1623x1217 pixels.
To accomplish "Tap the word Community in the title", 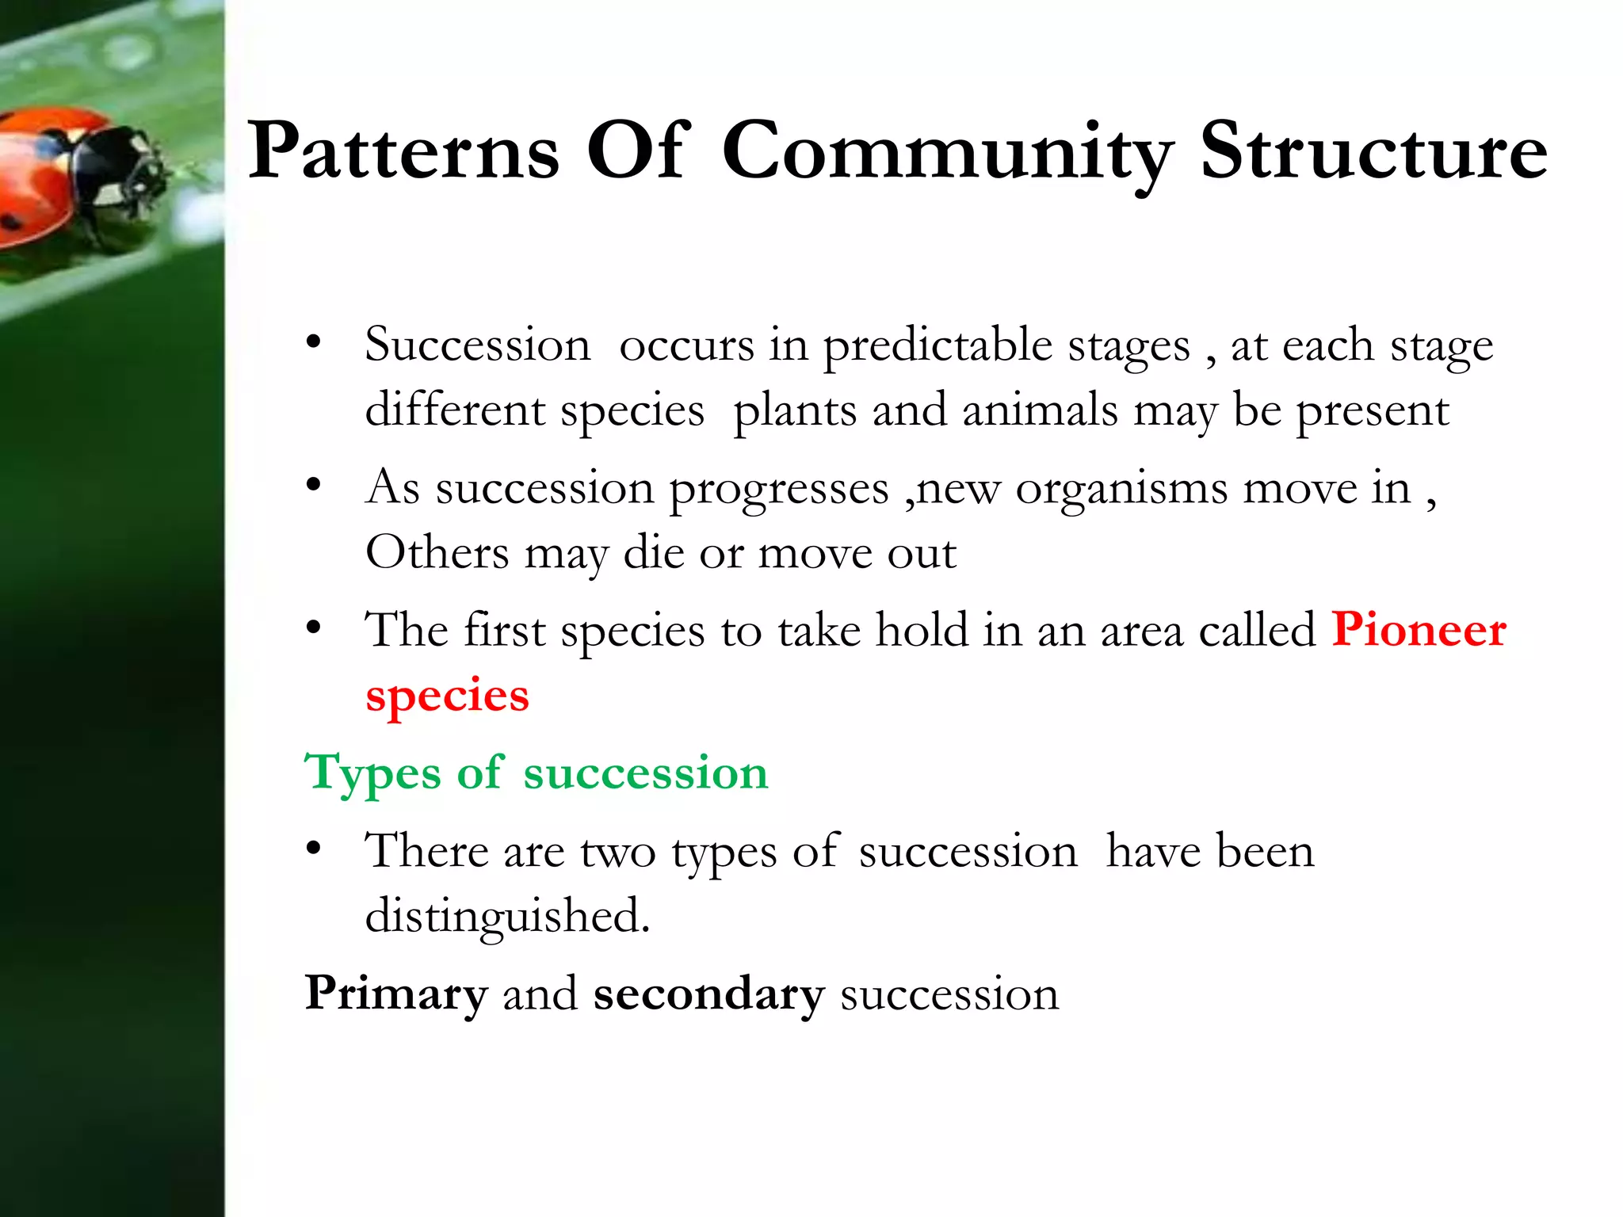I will pyautogui.click(x=947, y=152).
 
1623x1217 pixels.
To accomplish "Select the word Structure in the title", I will pyautogui.click(x=1373, y=151).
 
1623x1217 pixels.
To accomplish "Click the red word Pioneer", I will pyautogui.click(x=1419, y=631).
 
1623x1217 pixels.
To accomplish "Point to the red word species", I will pyautogui.click(x=447, y=696).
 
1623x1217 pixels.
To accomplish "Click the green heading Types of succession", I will pyautogui.click(x=537, y=773).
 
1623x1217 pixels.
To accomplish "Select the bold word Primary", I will pyautogui.click(x=396, y=994).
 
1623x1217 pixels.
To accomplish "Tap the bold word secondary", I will pyautogui.click(x=709, y=994).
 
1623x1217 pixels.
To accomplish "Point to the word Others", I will pyautogui.click(x=437, y=552).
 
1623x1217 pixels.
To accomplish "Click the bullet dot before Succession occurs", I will pyautogui.click(x=314, y=343).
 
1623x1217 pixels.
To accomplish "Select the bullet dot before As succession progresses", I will pyautogui.click(x=314, y=485).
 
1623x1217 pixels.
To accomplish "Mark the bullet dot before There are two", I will pyautogui.click(x=314, y=849).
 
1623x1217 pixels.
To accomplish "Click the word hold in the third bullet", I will pyautogui.click(x=922, y=631).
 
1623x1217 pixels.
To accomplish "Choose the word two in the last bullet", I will pyautogui.click(x=617, y=853).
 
